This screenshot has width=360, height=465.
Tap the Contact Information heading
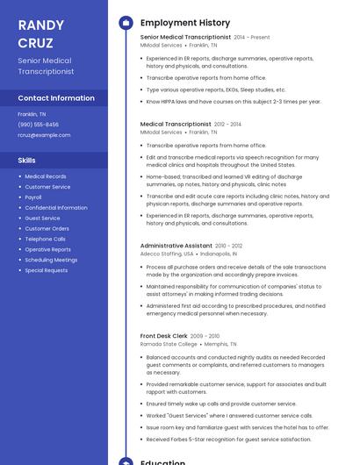56,98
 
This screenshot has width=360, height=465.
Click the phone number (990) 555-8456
38,125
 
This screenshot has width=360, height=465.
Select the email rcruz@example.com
44,135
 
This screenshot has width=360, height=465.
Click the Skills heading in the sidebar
27,160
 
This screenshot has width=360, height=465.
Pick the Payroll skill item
33,197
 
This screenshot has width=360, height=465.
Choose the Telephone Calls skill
45,239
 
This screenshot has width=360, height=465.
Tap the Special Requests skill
46,270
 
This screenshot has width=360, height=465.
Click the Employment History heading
184,23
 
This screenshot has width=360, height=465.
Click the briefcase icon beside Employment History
126,23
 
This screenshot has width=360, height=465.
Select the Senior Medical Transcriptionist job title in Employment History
185,37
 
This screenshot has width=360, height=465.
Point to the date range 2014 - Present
252,37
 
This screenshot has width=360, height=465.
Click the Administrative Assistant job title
176,246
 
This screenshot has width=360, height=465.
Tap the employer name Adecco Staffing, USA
167,254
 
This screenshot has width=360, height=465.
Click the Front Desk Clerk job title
163,335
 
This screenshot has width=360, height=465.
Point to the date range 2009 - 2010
205,335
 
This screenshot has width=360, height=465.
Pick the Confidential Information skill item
56,208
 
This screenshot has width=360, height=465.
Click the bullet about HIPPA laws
233,101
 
